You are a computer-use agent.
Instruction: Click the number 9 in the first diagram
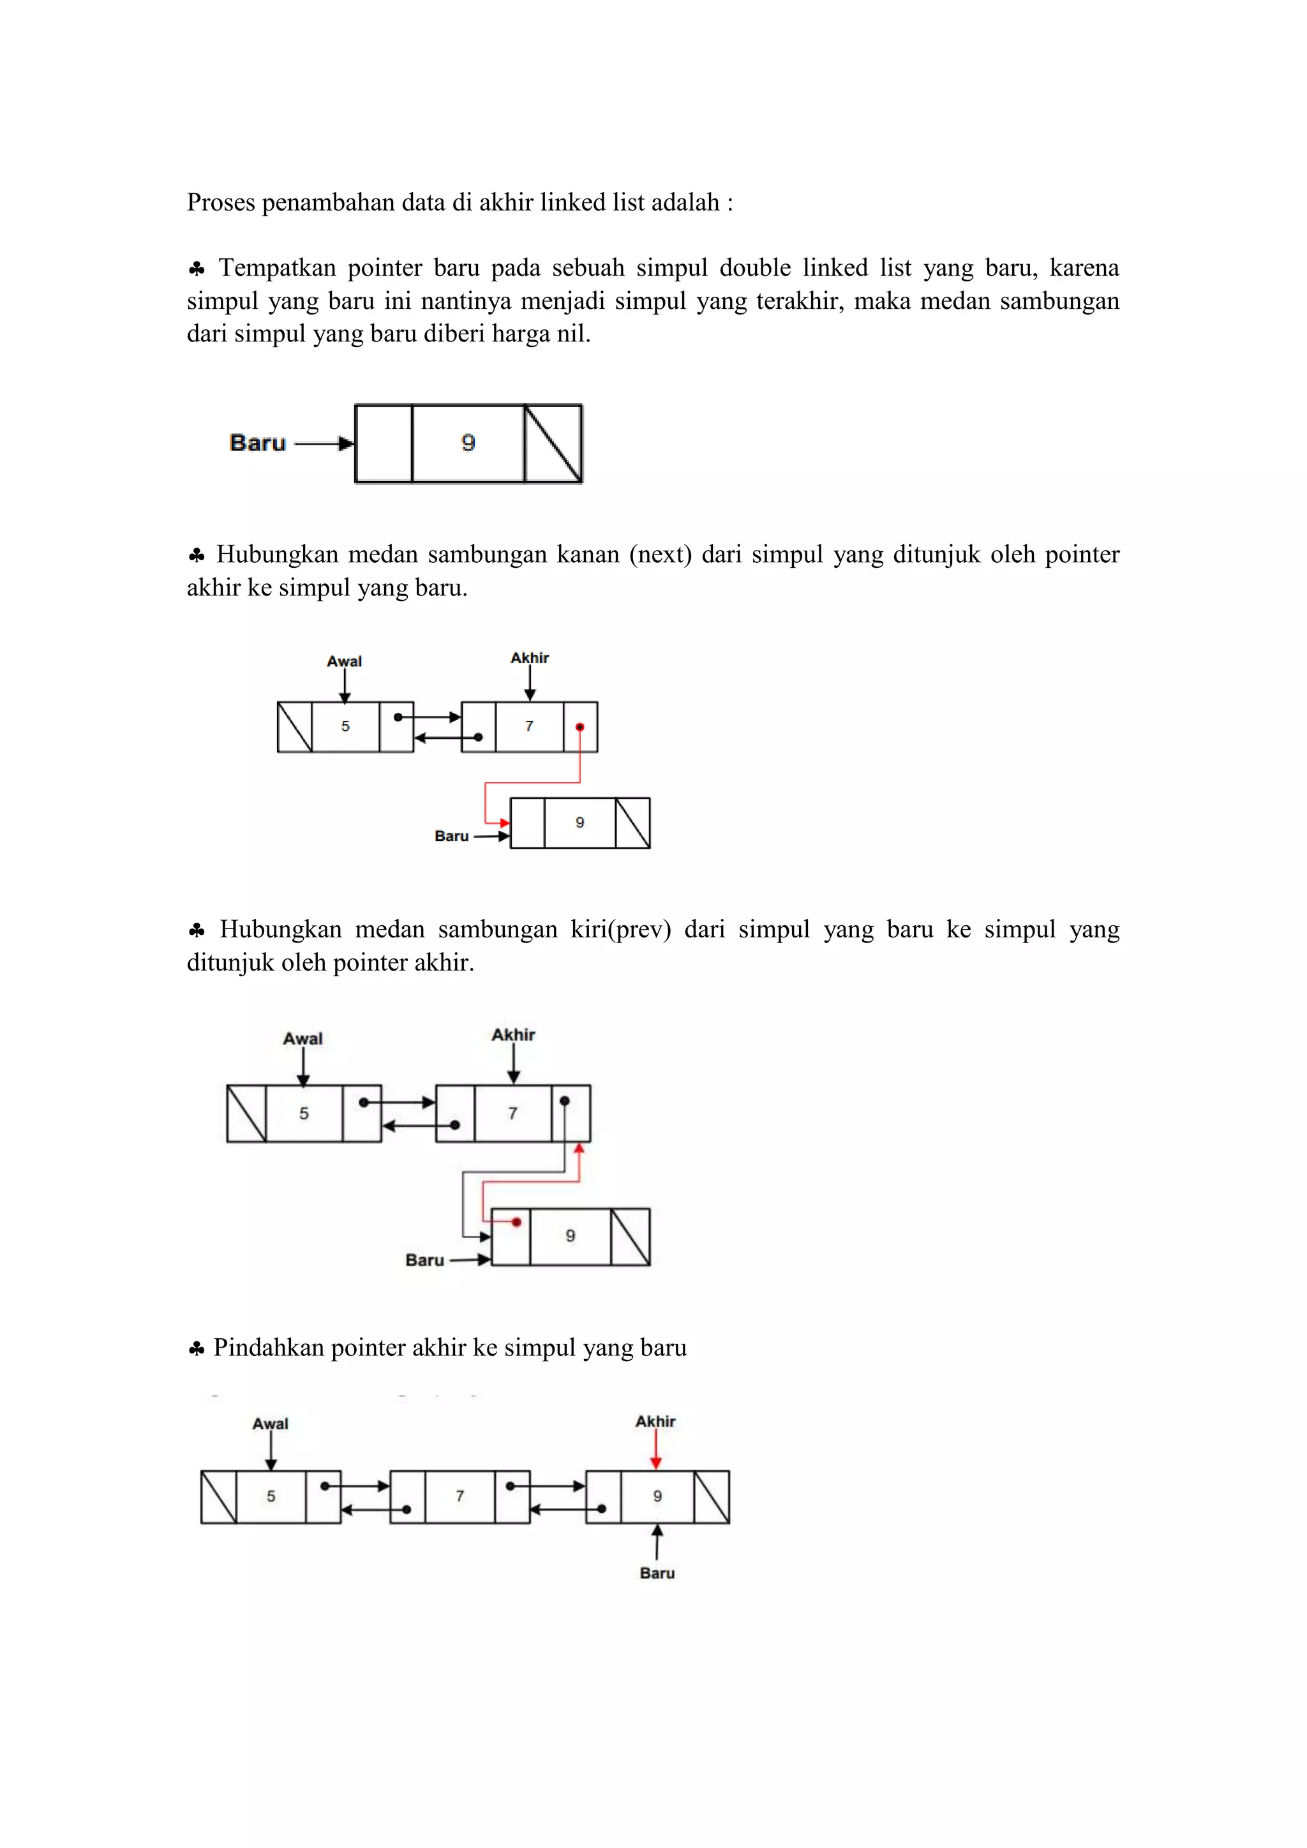click(x=468, y=443)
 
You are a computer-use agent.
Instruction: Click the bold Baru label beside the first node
click(x=258, y=443)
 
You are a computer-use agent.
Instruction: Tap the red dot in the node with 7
click(x=579, y=727)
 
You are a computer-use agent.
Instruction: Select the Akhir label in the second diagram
click(x=529, y=658)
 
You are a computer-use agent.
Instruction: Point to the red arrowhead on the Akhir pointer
click(x=656, y=1463)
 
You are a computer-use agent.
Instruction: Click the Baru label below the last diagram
click(x=657, y=1573)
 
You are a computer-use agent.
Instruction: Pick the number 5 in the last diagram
click(x=271, y=1496)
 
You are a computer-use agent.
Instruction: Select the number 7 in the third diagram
click(x=512, y=1113)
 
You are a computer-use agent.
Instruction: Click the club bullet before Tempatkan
click(x=197, y=268)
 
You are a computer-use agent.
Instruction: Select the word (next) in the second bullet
click(x=660, y=555)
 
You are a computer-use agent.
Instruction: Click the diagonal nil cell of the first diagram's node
click(x=553, y=443)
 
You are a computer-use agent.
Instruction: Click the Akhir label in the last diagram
click(x=655, y=1421)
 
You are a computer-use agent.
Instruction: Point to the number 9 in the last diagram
click(x=657, y=1496)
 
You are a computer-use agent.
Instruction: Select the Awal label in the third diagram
click(x=302, y=1038)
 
